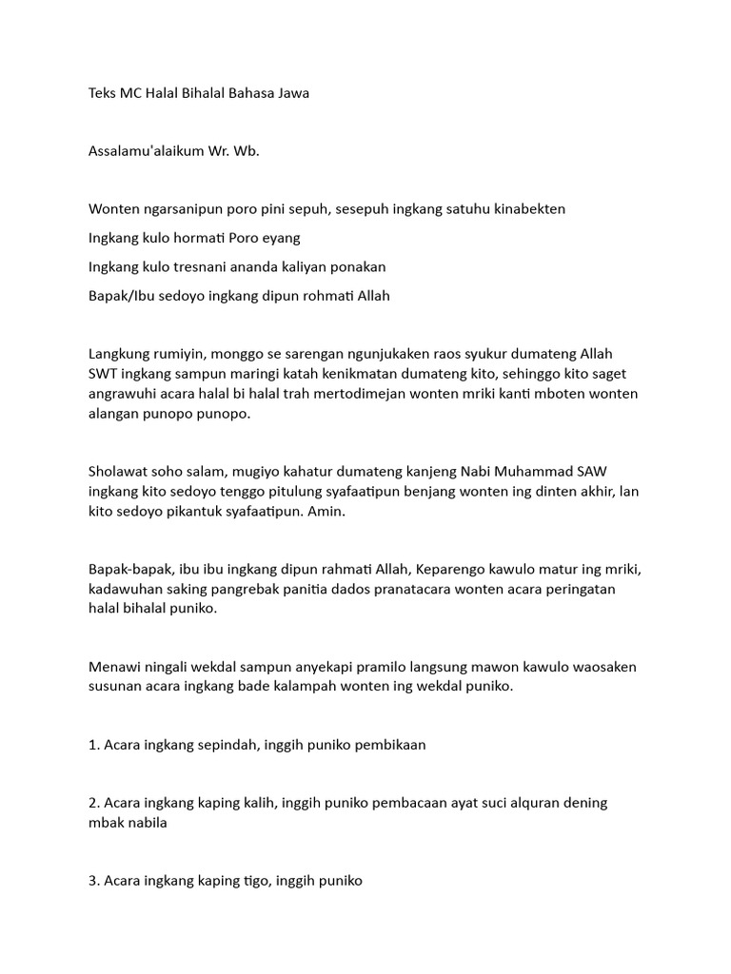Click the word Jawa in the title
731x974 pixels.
click(290, 93)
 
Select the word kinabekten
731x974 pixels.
click(529, 208)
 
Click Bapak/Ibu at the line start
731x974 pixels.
click(123, 295)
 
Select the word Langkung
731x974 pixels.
click(120, 353)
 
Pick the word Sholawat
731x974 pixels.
click(120, 471)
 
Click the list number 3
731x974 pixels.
click(92, 881)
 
